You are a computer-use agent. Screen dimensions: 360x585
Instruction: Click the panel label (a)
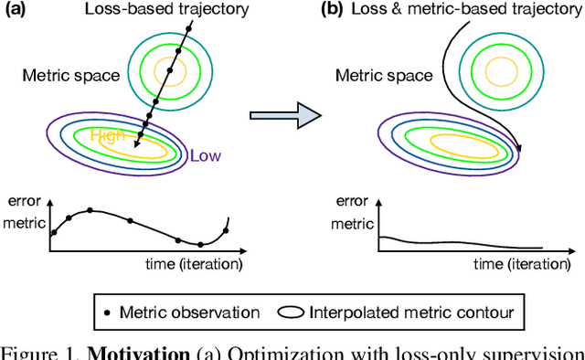tap(16, 9)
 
